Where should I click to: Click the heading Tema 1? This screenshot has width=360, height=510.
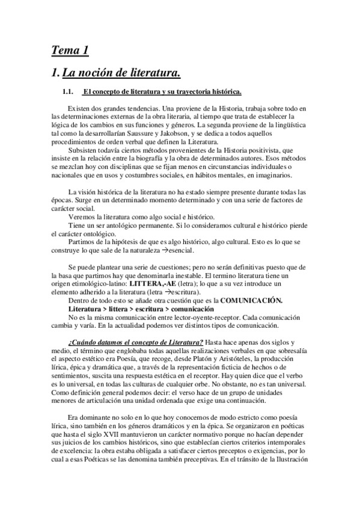tap(70, 51)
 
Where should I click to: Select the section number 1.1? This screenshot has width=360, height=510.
tap(64, 92)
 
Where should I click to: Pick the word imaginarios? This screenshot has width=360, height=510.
tap(272, 175)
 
